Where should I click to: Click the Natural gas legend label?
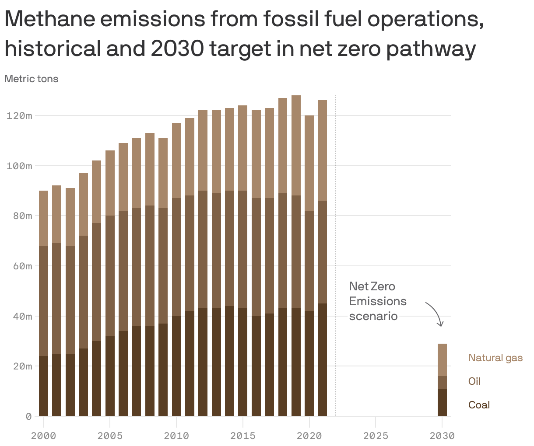pos(495,358)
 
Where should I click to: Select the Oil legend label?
pos(474,381)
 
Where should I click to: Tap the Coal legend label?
pos(479,405)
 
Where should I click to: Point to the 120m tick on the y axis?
pos(19,116)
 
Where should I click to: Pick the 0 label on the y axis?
pos(28,417)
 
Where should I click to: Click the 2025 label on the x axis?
pos(376,436)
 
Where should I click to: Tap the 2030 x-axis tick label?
pos(442,436)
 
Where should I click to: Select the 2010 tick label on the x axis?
pos(176,436)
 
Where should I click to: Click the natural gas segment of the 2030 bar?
pos(442,359)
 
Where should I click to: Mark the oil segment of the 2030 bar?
pos(442,382)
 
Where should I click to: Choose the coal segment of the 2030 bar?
pos(442,402)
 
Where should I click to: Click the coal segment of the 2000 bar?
pos(44,386)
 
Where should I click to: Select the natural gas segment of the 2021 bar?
pos(323,150)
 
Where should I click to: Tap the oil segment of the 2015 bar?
pos(243,249)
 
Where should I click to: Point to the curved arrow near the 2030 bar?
pos(435,313)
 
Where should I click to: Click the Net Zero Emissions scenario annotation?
pos(377,301)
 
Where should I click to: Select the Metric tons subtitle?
pos(31,79)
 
